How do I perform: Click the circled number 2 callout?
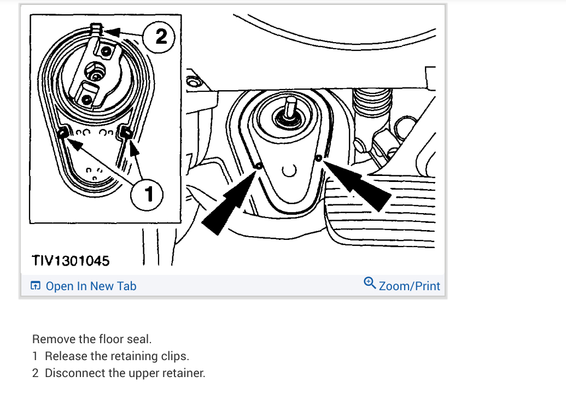coord(159,37)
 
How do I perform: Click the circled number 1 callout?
coord(147,195)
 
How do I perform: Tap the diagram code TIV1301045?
coord(71,261)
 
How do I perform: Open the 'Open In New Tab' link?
coord(91,286)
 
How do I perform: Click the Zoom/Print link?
coord(410,286)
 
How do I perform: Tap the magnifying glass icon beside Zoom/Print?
coord(370,283)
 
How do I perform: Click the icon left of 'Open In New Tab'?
coord(36,286)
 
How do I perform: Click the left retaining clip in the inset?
coord(63,133)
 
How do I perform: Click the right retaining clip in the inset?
coord(126,132)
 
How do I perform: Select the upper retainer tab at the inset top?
coord(96,29)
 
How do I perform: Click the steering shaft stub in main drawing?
coord(290,107)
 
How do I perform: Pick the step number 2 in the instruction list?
coord(35,373)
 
